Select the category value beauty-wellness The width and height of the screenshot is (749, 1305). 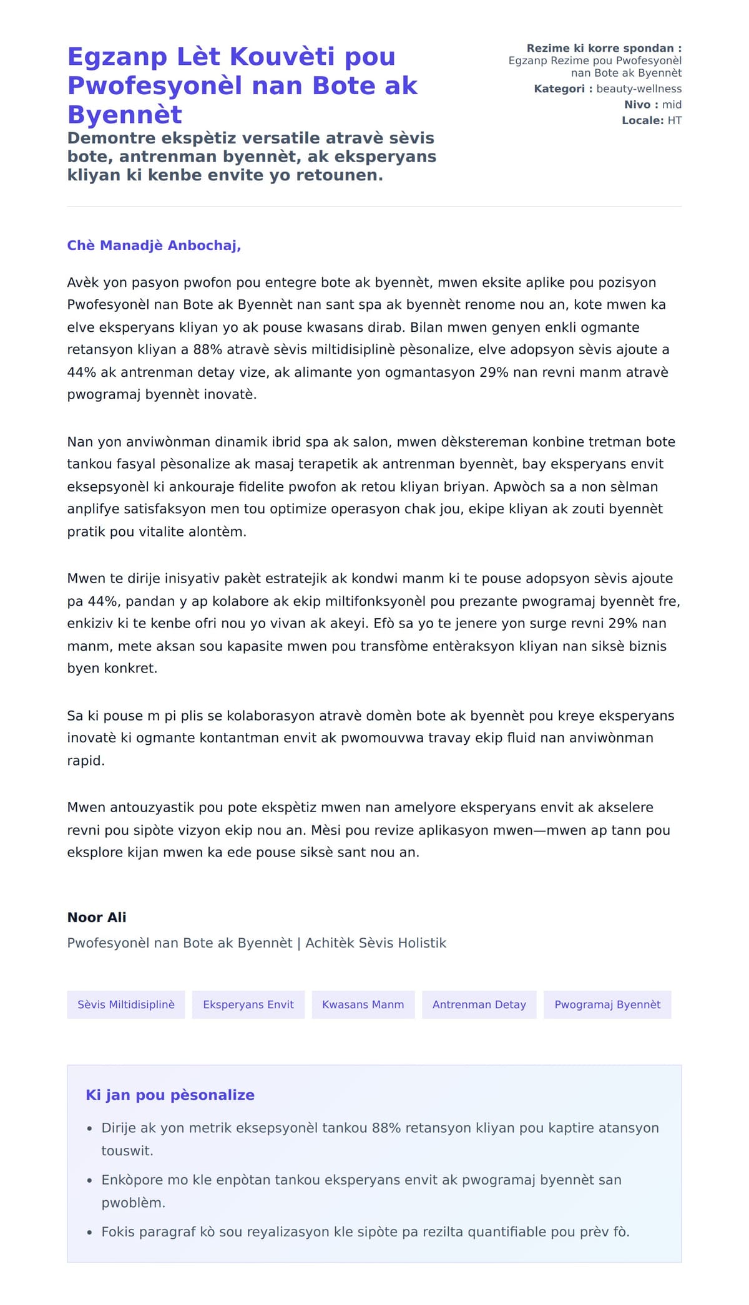tap(639, 89)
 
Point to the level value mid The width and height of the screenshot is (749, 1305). tap(672, 105)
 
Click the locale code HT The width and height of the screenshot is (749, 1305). tap(674, 120)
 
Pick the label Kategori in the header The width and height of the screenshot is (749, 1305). tap(559, 89)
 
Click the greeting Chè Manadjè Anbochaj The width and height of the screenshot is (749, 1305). tap(154, 246)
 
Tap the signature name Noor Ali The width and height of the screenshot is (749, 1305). tap(97, 917)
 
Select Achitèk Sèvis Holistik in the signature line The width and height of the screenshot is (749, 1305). tap(376, 943)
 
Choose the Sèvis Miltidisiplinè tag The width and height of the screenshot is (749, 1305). tap(126, 1004)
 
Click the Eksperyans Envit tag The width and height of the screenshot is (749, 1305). tap(248, 1004)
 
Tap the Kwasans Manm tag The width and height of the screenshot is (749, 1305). tap(363, 1004)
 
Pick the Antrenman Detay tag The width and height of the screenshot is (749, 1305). tap(479, 1004)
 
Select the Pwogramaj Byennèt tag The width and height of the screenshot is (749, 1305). tap(607, 1004)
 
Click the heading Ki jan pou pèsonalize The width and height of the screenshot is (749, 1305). tap(170, 1095)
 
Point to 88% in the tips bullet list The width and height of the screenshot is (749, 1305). tap(386, 1128)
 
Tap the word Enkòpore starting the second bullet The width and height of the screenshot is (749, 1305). tap(132, 1180)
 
